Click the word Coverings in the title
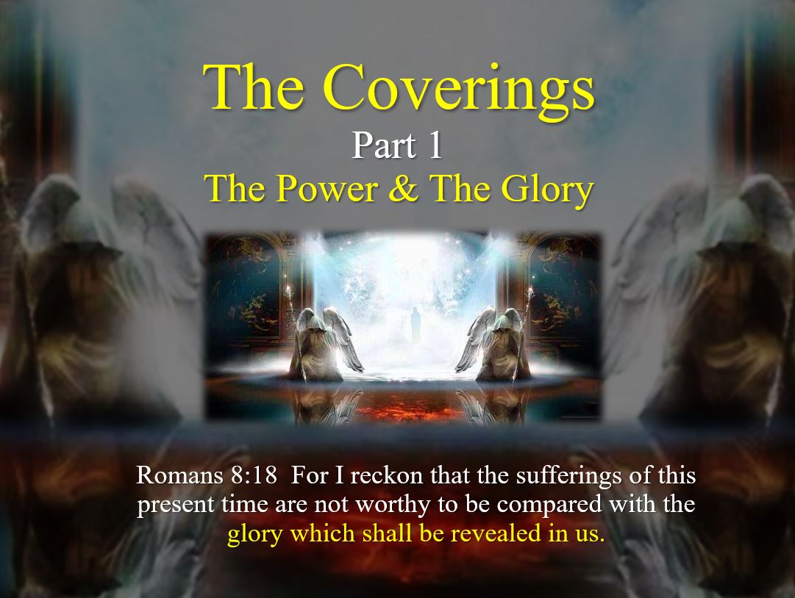click(x=459, y=90)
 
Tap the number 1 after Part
click(x=435, y=146)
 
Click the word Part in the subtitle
click(x=385, y=146)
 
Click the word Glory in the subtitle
click(x=547, y=190)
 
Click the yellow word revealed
click(x=496, y=533)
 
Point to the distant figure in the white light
click(x=416, y=324)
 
